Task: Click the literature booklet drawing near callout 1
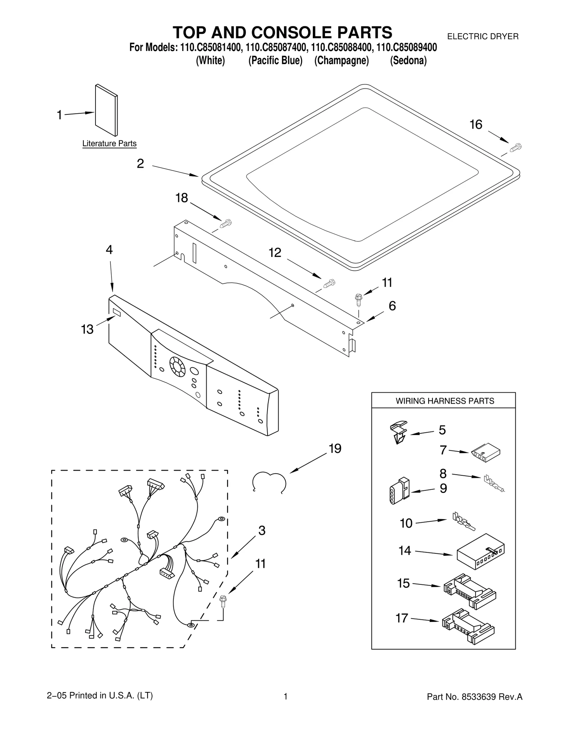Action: [106, 110]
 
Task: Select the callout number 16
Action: [476, 125]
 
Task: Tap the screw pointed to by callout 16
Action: [515, 147]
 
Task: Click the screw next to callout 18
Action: [226, 224]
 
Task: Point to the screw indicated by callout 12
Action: [329, 284]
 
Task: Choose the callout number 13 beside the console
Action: [87, 329]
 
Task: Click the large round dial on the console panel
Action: [177, 367]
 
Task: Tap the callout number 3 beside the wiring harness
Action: [262, 531]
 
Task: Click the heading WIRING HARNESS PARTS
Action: [445, 401]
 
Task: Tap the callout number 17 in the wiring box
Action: [402, 618]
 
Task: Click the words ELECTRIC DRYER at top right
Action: [482, 36]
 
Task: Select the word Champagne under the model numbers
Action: [341, 61]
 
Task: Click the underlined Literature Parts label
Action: [109, 144]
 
